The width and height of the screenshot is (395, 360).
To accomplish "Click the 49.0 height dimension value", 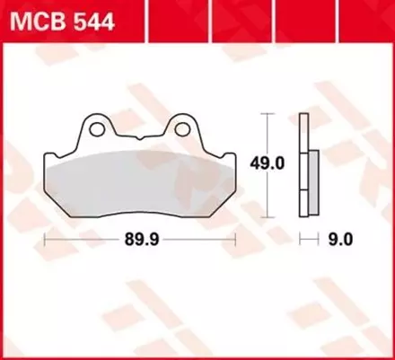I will pos(267,162).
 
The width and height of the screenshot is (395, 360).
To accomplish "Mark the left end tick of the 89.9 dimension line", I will pos(45,240).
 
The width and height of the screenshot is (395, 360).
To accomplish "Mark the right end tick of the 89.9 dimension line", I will pos(235,240).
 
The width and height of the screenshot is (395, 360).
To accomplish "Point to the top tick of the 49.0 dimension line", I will pos(266,115).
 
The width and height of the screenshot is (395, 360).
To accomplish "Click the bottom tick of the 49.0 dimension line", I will pos(266,215).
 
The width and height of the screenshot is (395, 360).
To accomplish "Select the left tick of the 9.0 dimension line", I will pos(302,240).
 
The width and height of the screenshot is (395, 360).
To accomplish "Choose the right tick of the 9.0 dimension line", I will pos(319,240).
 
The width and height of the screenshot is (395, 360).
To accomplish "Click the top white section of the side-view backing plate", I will pos(305,130).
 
